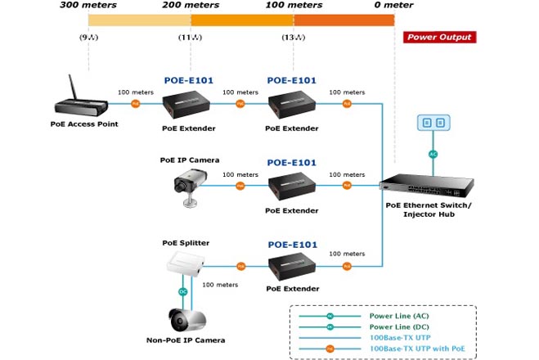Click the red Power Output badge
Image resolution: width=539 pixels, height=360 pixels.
[x=439, y=37]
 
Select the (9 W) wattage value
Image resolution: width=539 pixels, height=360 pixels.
[x=88, y=38]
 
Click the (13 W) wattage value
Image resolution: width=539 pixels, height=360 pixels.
[x=293, y=38]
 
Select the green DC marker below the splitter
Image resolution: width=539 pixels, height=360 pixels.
[x=184, y=290]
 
